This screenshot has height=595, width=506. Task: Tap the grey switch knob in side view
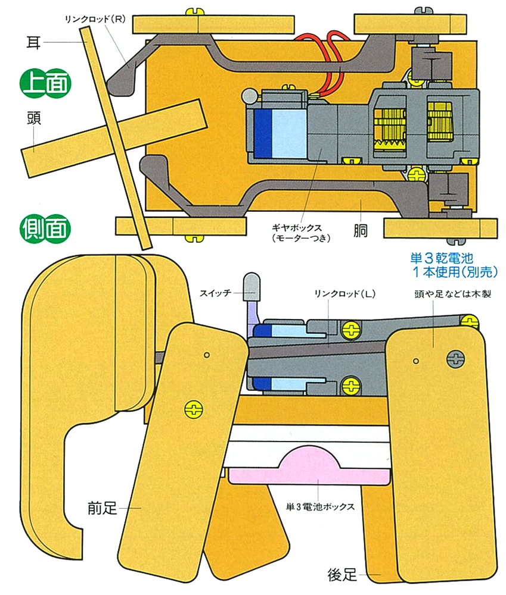[x=251, y=285]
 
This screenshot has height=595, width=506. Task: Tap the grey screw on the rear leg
[x=456, y=359]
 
